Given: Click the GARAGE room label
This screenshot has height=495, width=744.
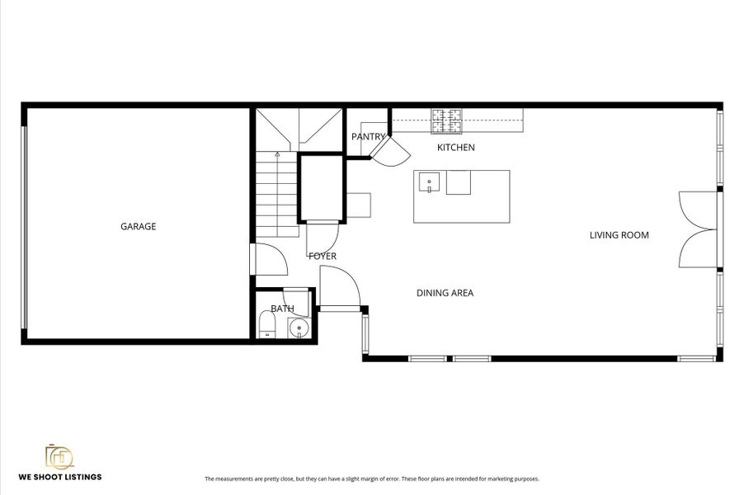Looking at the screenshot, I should pos(138,227).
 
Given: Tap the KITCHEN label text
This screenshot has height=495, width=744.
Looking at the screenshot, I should pos(455,148).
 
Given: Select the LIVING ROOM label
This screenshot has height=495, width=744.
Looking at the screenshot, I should pos(619,235).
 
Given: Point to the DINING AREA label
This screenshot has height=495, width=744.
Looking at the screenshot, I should pos(445,293).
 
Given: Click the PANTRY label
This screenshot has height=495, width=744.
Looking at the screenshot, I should pos(368,137).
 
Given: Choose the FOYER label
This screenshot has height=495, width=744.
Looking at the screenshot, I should pos(323,257).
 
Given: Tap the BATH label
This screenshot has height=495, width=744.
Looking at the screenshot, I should pos(283,309).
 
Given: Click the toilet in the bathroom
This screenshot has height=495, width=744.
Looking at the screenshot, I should pos(267,323).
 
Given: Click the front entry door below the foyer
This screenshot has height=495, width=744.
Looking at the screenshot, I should pos(340,289).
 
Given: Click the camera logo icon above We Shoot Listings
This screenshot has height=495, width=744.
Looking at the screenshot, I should pos(59,457).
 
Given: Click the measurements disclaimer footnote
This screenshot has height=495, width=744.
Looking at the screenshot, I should pos(371,478).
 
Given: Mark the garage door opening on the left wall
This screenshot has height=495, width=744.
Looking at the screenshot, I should pos(25,227).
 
